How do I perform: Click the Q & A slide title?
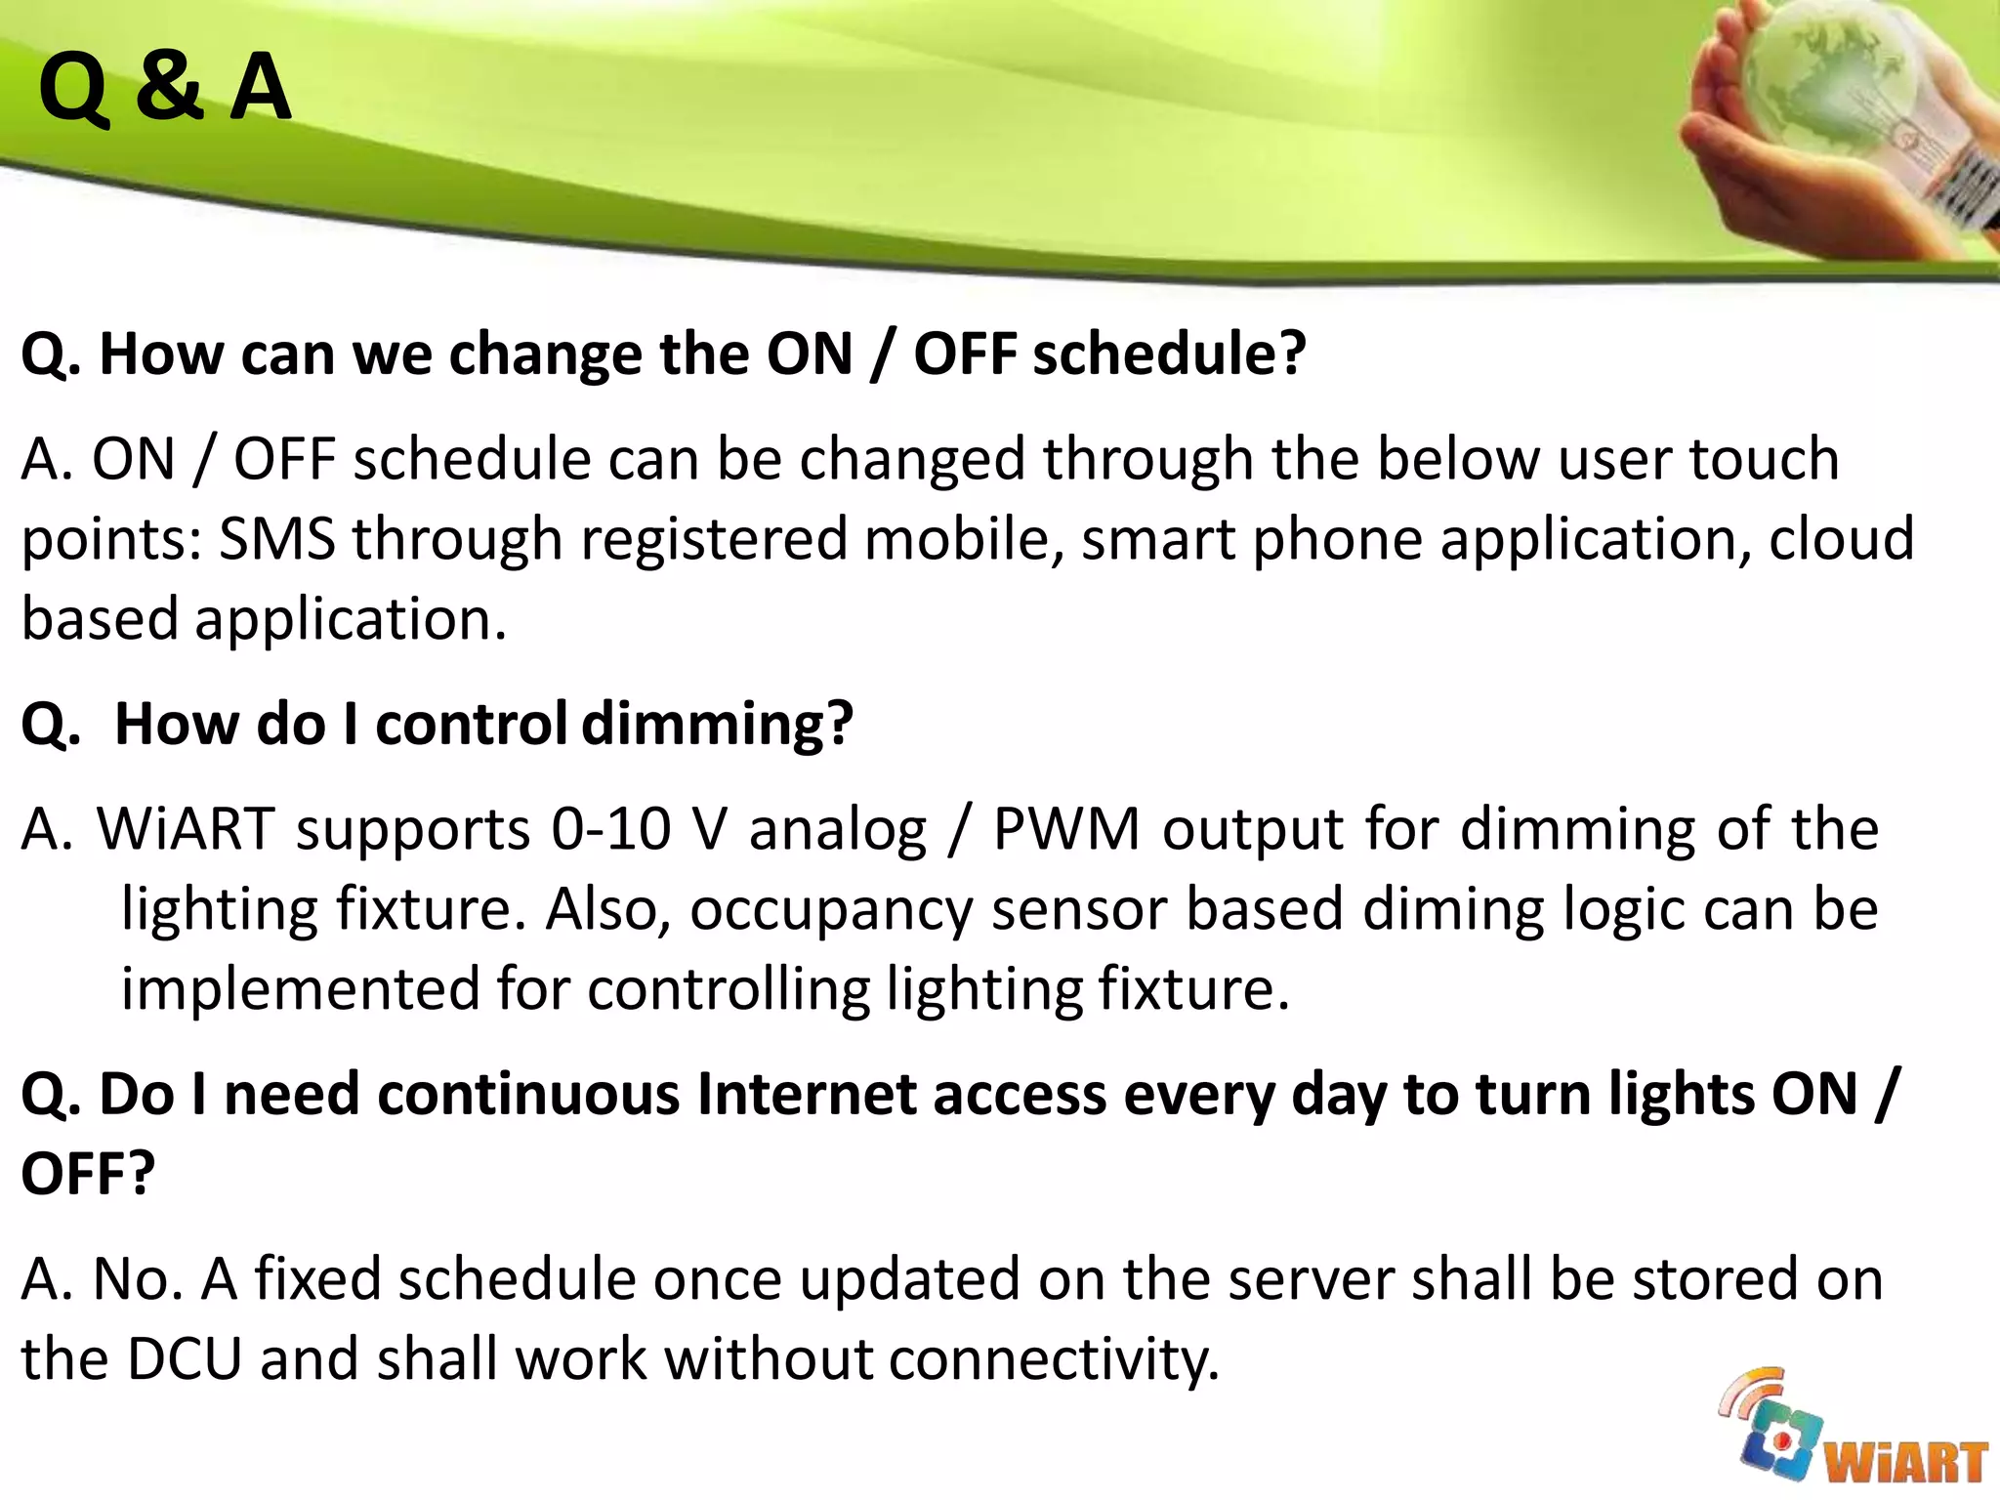point(164,88)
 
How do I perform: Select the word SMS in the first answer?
point(276,539)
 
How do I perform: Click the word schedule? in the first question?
point(1169,354)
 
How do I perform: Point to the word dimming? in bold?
point(718,725)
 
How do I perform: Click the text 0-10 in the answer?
point(610,829)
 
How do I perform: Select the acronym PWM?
point(1065,829)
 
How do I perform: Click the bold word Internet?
point(806,1094)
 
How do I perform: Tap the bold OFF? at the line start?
point(88,1174)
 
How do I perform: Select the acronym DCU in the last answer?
point(184,1359)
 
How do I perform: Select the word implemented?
point(299,989)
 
